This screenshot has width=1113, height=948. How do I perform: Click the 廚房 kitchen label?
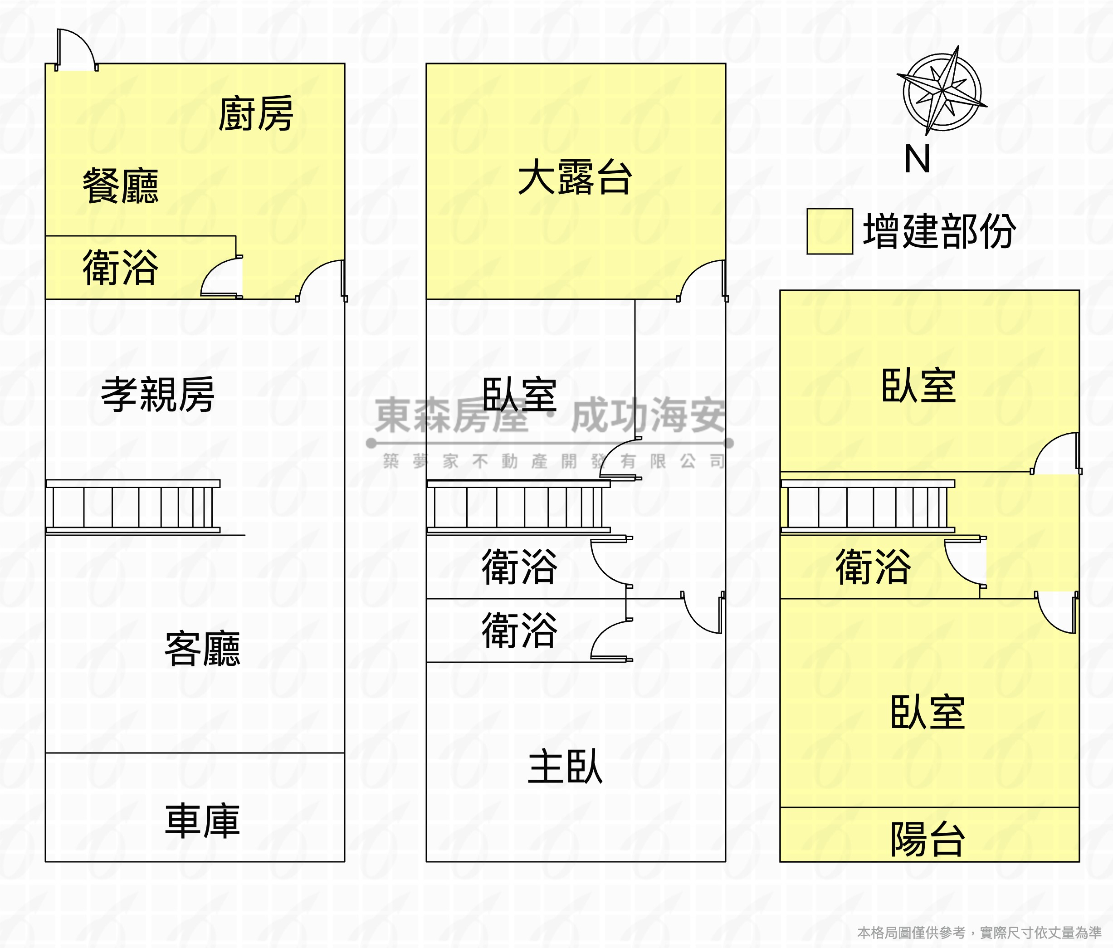coord(256,114)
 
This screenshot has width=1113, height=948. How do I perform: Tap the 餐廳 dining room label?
coord(120,186)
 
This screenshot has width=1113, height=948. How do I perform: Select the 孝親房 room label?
coord(158,395)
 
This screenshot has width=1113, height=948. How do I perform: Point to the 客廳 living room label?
coord(203,649)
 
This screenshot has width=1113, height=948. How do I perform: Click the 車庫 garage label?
coord(203,821)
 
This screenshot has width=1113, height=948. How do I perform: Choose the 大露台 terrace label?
coord(575,177)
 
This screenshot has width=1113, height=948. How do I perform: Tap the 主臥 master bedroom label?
coord(565,767)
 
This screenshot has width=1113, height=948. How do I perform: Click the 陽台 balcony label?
coord(927,840)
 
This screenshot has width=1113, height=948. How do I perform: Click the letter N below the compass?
coord(917,160)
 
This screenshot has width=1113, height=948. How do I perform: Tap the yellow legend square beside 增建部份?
coord(830,231)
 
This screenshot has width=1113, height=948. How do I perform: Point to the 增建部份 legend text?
coord(939,231)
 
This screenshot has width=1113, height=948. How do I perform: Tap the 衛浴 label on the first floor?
coord(120,268)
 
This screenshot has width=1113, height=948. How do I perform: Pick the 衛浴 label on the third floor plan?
coord(873,567)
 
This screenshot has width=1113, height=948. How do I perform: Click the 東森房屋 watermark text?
coord(451,415)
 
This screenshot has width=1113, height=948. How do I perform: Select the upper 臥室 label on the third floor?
coord(918,386)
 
